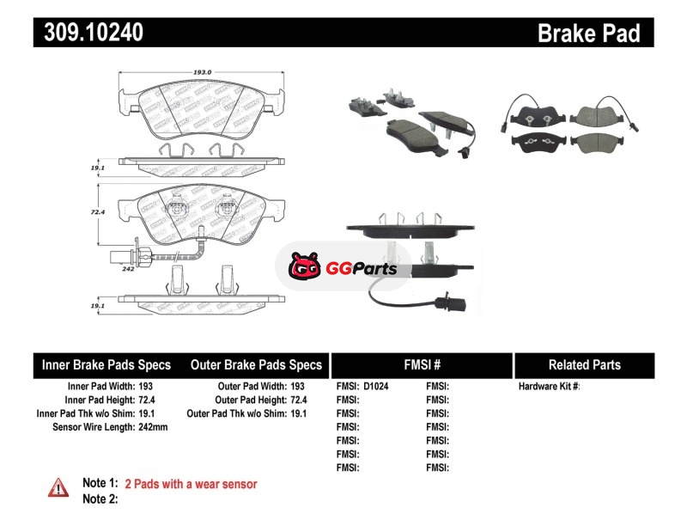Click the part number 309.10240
coord(89,33)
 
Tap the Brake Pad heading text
coord(589,34)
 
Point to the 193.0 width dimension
coord(204,74)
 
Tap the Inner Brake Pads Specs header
coord(106,364)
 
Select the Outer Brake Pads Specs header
coord(257,364)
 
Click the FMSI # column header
coord(422,364)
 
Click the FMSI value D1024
coord(376,387)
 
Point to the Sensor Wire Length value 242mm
coord(153,427)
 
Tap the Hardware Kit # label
coord(550,387)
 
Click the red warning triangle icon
coord(58,487)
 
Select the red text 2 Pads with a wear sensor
coord(191,484)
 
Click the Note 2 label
coord(100,499)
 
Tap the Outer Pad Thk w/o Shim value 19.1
coord(300,413)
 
